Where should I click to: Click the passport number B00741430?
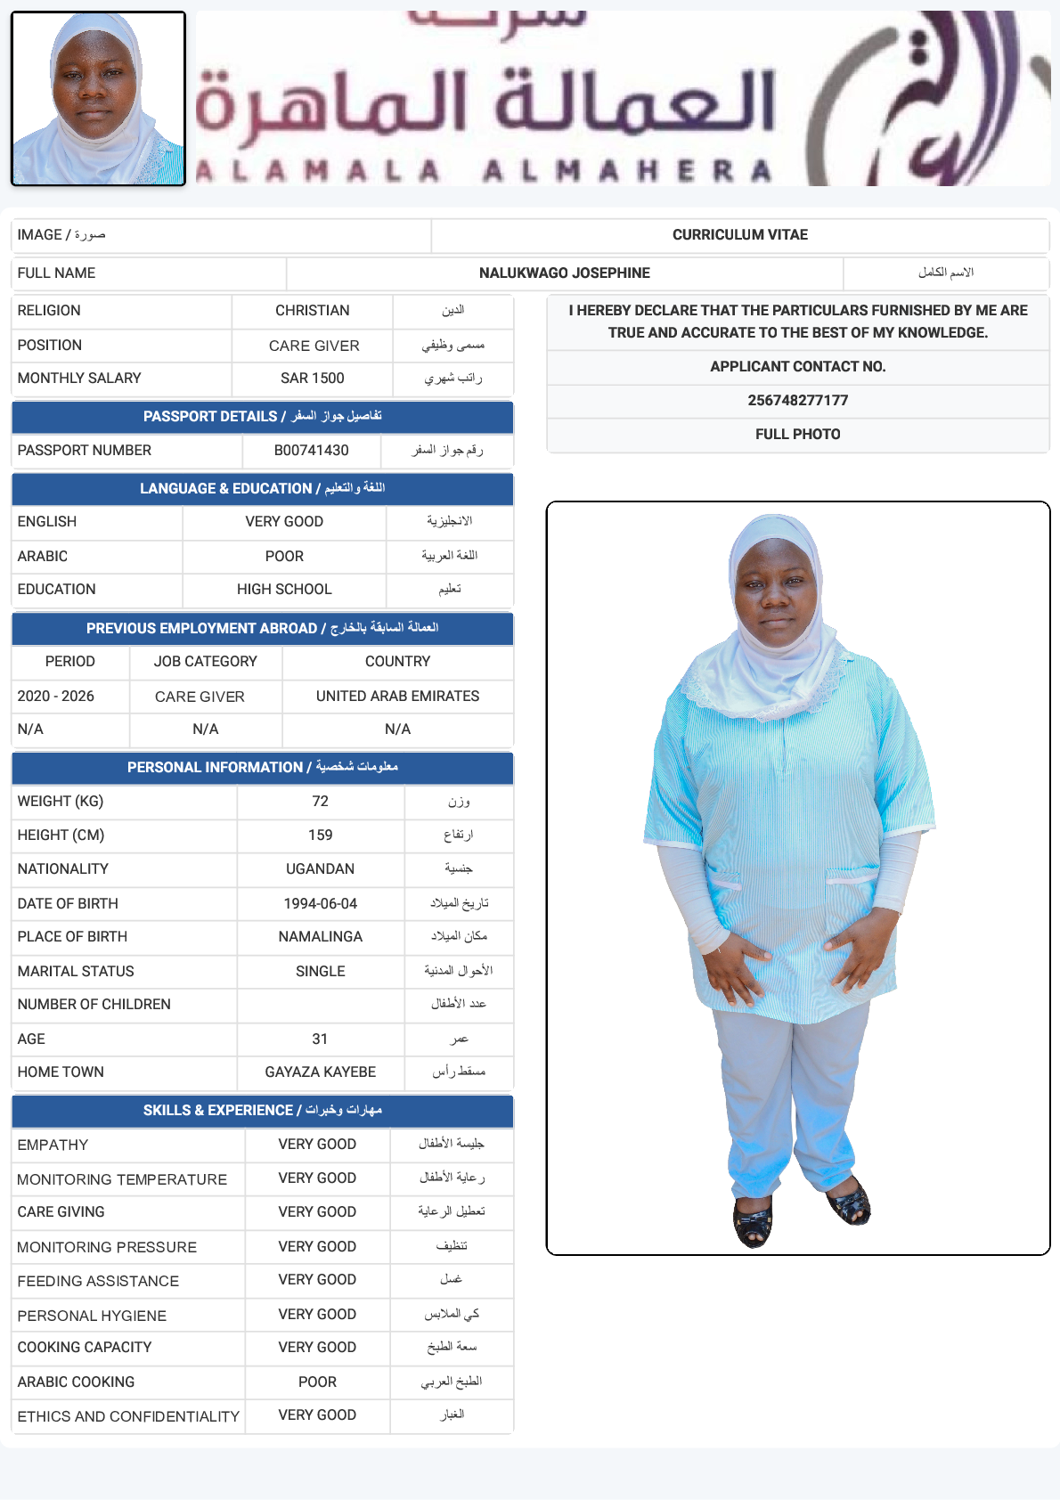coord(311,451)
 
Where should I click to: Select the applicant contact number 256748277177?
coord(797,401)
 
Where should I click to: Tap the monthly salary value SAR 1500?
coord(312,379)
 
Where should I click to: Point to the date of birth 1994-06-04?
coord(320,904)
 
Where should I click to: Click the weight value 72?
coord(320,802)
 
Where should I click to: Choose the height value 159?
coord(320,836)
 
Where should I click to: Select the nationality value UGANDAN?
coord(320,869)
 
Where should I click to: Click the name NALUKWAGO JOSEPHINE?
coord(564,273)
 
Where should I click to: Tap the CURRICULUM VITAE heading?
coord(739,235)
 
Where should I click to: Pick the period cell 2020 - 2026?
coord(56,697)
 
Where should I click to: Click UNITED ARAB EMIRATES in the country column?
coord(397,697)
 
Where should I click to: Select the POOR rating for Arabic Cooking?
coord(317,1382)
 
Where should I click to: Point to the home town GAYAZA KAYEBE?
coord(320,1072)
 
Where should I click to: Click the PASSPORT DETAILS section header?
coord(262,417)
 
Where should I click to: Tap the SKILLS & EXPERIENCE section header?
coord(262,1111)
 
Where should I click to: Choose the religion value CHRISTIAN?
coord(312,311)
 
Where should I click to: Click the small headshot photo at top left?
coord(98,98)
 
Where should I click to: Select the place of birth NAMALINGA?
coord(320,937)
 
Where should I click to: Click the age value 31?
coord(320,1039)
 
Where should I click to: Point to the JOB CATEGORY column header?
coord(205,662)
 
